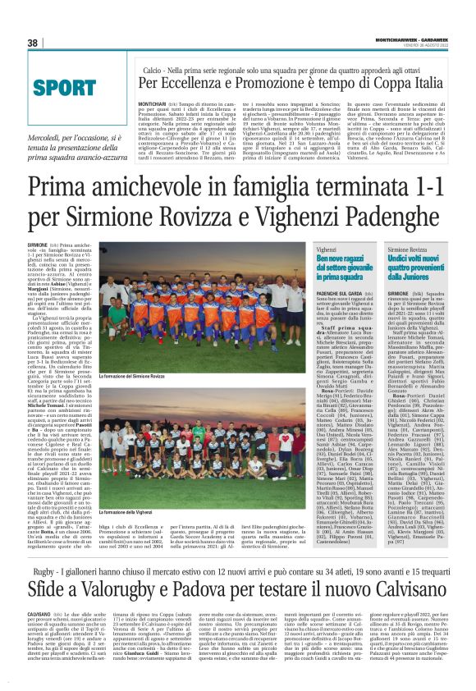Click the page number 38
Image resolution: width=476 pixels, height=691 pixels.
pyautogui.click(x=33, y=43)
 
